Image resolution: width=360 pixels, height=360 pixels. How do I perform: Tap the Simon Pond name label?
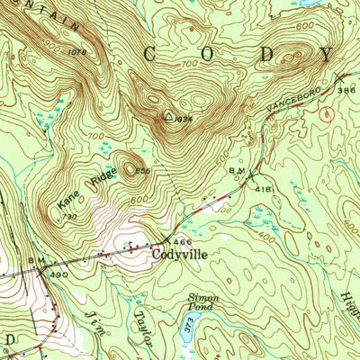pos(203,301)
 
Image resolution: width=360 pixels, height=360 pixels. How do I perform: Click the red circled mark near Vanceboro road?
pos(326,114)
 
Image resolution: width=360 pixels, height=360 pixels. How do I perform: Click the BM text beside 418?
pos(237,170)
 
